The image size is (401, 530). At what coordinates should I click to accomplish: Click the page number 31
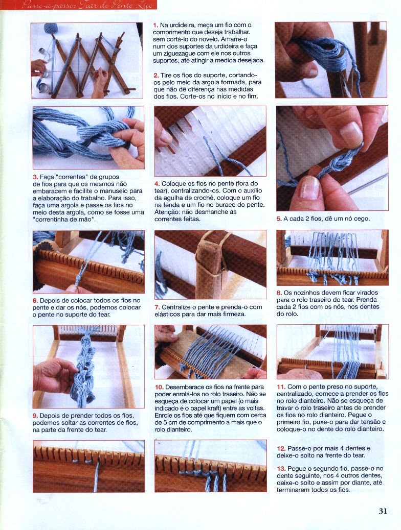pos(383,511)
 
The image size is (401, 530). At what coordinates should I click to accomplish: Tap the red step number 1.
pos(155,25)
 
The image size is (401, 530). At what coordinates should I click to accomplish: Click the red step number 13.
pos(281,469)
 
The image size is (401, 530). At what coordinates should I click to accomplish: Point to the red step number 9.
pos(35,416)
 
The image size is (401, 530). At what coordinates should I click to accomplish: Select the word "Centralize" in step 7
pos(177,307)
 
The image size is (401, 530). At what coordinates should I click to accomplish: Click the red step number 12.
pos(281,448)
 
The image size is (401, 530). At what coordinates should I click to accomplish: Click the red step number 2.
pos(156,75)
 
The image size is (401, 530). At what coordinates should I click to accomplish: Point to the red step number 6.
pos(35,301)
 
